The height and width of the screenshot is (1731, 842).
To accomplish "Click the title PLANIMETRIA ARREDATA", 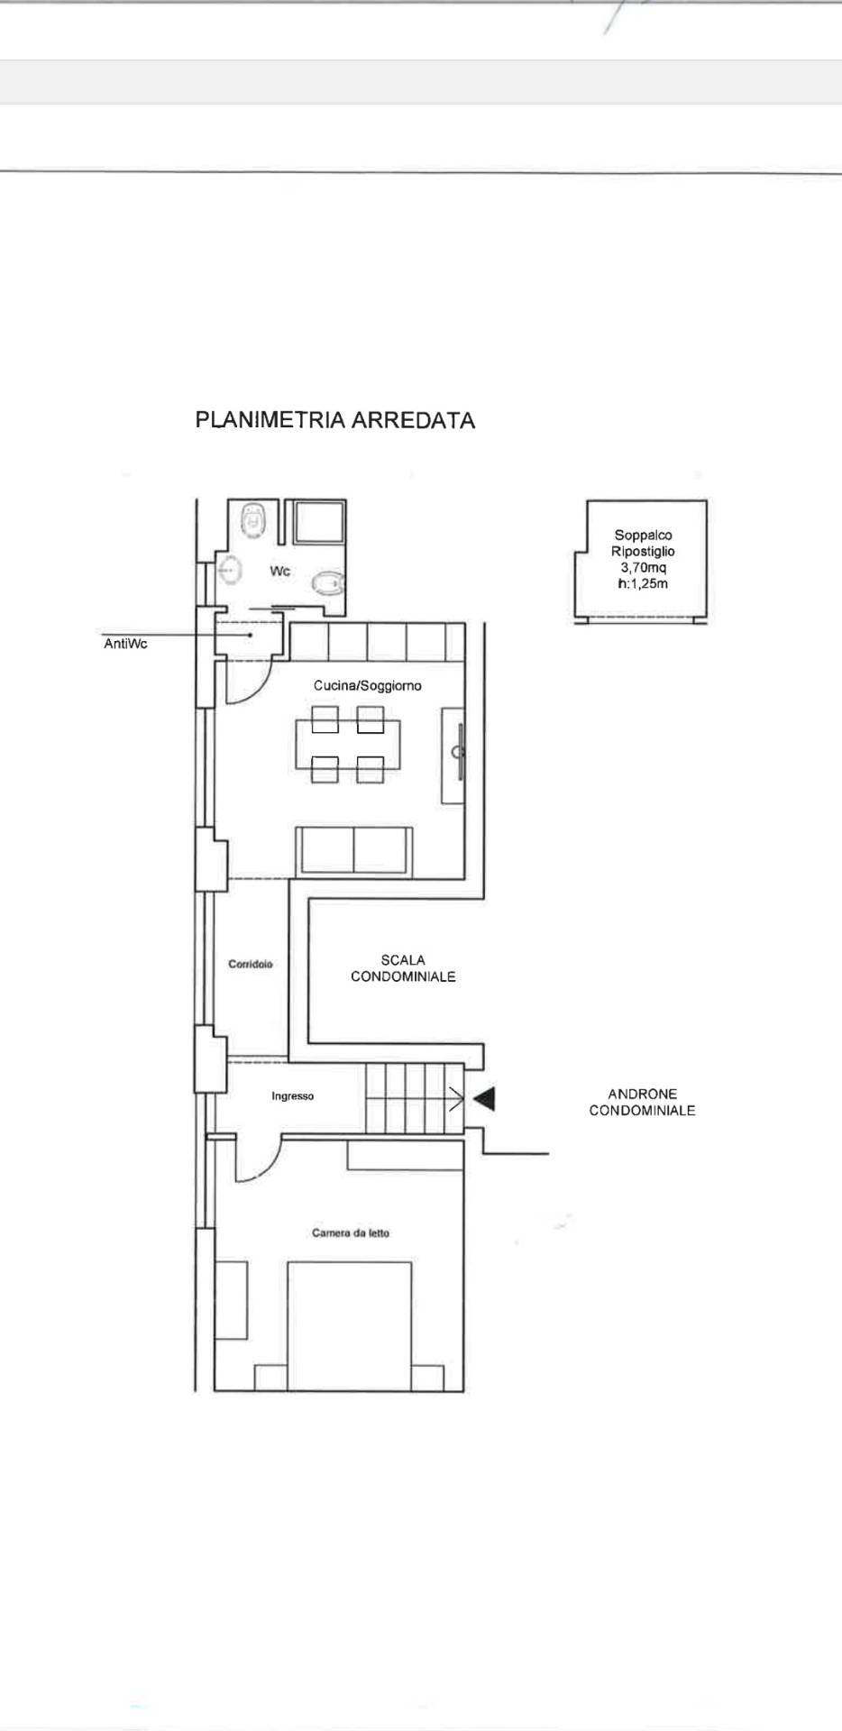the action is click(335, 420).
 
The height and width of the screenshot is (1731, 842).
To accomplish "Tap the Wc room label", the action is click(280, 571).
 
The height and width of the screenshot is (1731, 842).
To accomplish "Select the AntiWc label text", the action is click(126, 645).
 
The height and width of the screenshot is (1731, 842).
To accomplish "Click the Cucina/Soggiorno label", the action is click(368, 686).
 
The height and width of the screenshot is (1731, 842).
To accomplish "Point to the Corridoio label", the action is click(251, 964).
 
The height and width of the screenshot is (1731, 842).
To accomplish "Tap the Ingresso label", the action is click(293, 1096).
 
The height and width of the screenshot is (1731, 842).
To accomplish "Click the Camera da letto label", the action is click(351, 1232).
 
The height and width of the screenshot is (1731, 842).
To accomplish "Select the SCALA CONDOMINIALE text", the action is click(403, 968).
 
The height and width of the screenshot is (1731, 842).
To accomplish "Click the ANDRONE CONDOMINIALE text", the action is click(642, 1103).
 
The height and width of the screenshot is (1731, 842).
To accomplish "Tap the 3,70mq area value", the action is click(644, 567).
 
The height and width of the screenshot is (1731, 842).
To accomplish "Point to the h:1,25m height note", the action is click(644, 583).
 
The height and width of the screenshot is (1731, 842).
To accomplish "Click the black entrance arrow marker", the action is click(485, 1098).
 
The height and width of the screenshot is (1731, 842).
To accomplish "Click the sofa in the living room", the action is click(354, 850).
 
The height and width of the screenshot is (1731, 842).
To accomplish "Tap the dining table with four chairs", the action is click(348, 745).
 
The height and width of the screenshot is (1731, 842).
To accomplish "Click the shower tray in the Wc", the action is click(315, 523).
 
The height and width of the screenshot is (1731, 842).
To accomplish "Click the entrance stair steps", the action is click(414, 1098).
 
